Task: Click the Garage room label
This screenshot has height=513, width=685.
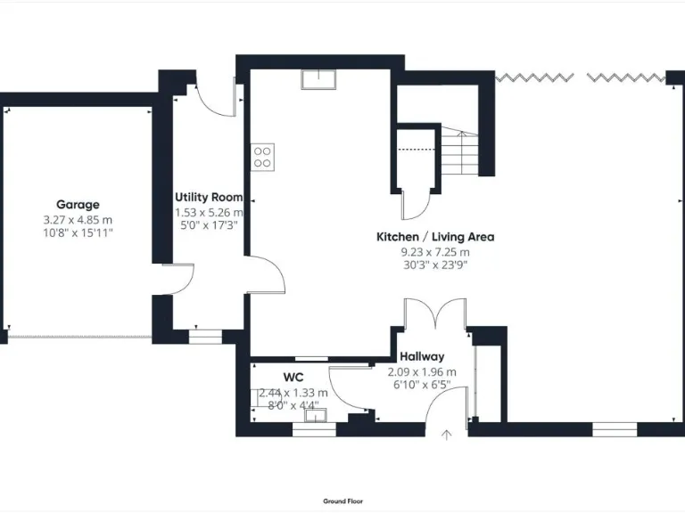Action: pos(78,204)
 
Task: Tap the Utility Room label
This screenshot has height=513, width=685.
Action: pos(209,197)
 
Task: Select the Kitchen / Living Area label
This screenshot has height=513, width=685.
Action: pos(434,237)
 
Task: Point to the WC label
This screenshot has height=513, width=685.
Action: pos(293,377)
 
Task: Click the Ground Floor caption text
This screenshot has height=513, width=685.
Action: pos(342,501)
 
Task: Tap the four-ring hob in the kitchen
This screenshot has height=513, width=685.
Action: pos(263,157)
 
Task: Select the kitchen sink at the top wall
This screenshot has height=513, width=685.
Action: pos(318,79)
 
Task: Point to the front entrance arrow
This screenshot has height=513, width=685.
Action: pos(447,434)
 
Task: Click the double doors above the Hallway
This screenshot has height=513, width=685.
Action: pos(434,316)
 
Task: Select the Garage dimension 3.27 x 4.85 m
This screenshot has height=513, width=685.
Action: pos(78,220)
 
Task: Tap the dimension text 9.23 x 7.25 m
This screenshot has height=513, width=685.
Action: pos(434,252)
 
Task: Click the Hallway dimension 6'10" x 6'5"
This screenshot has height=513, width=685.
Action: pos(421,385)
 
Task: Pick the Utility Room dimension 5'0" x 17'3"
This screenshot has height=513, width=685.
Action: pos(209,225)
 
